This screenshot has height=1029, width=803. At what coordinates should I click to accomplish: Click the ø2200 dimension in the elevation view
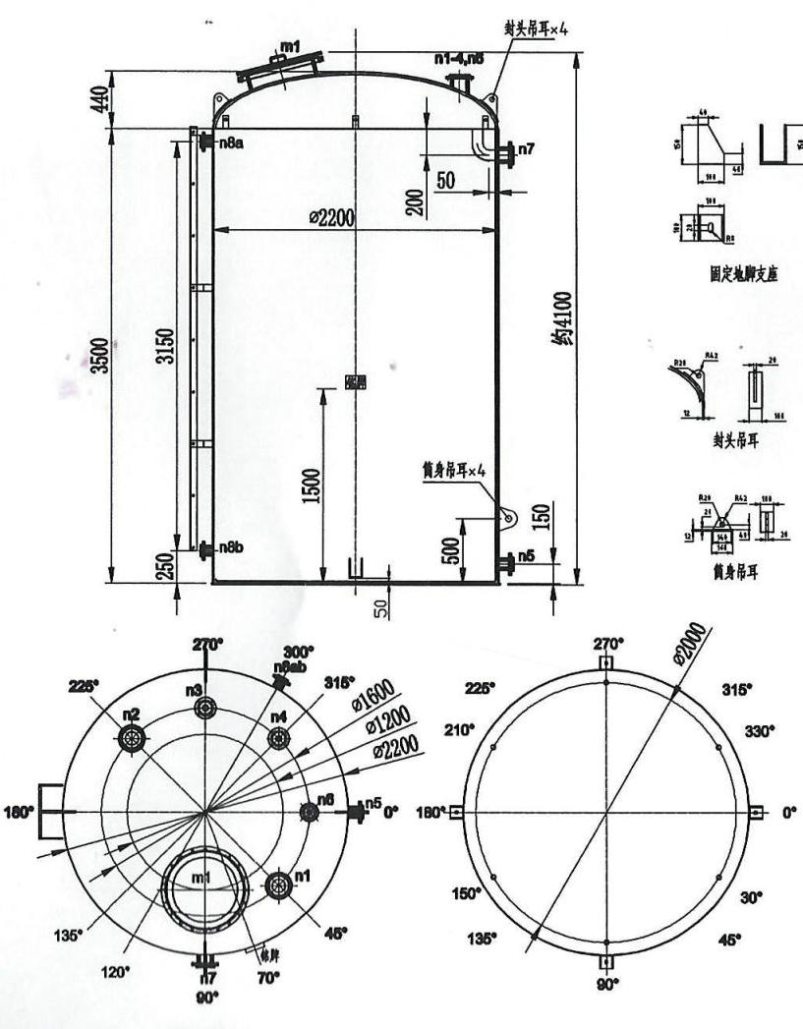(x=331, y=217)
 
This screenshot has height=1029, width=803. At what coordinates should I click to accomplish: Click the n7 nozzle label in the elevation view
(x=526, y=149)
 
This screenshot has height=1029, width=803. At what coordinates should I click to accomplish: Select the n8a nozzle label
(x=231, y=143)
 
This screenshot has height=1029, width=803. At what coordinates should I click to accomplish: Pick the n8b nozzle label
(x=231, y=547)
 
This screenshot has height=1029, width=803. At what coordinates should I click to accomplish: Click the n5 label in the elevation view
(x=526, y=556)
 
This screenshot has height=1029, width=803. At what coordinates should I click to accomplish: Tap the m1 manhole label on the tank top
(x=290, y=46)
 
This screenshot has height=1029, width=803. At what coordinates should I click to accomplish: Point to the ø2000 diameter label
(x=691, y=645)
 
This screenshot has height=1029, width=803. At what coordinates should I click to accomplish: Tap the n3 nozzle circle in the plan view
(x=204, y=708)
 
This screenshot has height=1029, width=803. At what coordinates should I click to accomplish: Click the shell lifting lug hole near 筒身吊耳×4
(x=506, y=514)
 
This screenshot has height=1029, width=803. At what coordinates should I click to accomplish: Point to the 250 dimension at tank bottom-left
(x=166, y=565)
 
